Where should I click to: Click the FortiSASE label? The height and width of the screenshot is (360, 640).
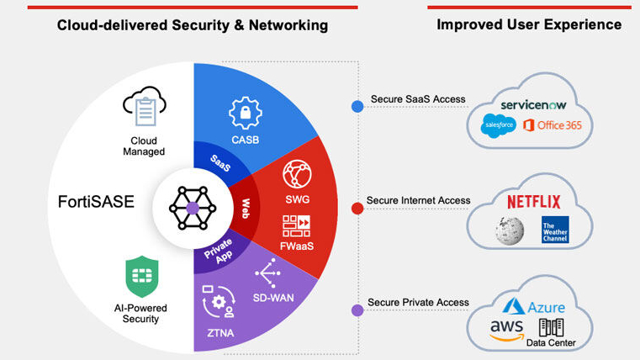pyautogui.click(x=97, y=203)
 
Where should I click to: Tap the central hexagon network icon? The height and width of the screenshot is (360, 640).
pyautogui.click(x=192, y=206)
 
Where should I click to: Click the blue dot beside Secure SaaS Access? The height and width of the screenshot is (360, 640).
pyautogui.click(x=357, y=107)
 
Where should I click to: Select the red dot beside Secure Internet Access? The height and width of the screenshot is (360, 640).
pyautogui.click(x=357, y=208)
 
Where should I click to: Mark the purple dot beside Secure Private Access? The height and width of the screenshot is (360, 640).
pyautogui.click(x=357, y=310)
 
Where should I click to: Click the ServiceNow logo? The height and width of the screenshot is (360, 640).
pyautogui.click(x=536, y=105)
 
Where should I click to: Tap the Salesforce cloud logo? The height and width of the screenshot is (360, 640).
pyautogui.click(x=497, y=126)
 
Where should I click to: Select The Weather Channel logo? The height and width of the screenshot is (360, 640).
pyautogui.click(x=555, y=230)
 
